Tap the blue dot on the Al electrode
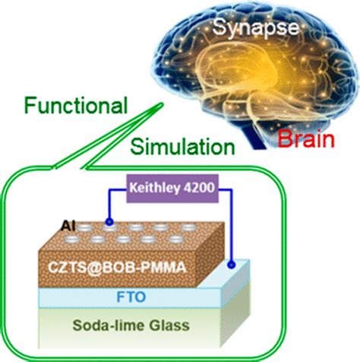click(x=111, y=222)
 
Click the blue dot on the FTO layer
click(x=241, y=265)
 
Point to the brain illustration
click(x=243, y=76)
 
